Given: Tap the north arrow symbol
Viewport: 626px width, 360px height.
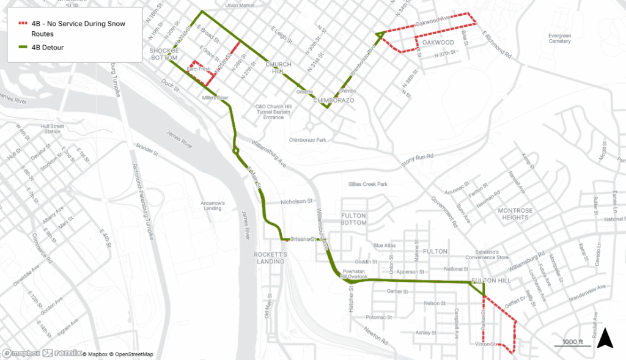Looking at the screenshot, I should [x=605, y=337].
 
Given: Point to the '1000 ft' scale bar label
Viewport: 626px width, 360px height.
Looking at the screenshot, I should [x=573, y=341].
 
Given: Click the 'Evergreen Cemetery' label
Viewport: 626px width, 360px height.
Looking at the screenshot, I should [x=559, y=39].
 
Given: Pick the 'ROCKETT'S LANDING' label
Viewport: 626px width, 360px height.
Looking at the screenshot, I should [x=270, y=257].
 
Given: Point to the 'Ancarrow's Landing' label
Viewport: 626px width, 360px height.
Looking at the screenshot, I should [x=214, y=205].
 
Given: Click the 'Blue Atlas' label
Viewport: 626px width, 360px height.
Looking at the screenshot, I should [x=385, y=246].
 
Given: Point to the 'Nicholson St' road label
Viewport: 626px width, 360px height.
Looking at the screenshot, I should [x=296, y=200].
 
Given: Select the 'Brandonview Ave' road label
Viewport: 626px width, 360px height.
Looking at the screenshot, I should [x=586, y=287].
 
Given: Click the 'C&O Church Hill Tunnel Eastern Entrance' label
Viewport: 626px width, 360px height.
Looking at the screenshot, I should [x=270, y=111].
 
